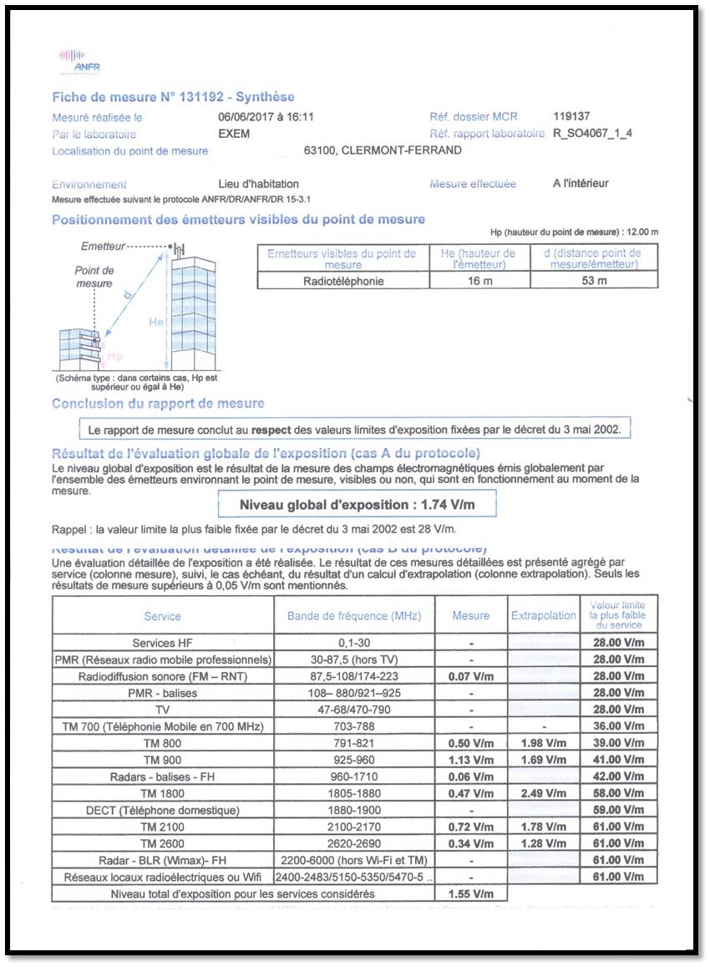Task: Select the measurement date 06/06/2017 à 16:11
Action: coord(266,118)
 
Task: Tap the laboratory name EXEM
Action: coord(234,134)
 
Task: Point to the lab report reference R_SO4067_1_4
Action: coord(592,134)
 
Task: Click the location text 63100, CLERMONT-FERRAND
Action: coord(383,151)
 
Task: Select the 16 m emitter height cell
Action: coord(479,281)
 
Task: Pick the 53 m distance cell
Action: coord(594,281)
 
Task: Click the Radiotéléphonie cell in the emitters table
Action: coord(343,281)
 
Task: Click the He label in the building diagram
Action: coord(156,322)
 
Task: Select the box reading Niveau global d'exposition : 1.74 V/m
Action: coord(358,505)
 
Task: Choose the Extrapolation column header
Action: coord(544,616)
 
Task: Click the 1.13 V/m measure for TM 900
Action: coord(471,760)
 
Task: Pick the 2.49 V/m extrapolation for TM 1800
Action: coord(544,793)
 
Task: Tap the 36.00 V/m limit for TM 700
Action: coord(617,726)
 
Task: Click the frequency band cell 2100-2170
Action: coord(354,827)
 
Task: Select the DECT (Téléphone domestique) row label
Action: coord(162,810)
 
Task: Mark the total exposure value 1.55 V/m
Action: coord(471,893)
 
